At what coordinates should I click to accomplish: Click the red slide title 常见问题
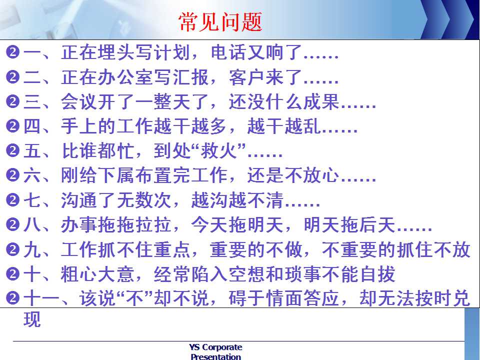tap(220, 21)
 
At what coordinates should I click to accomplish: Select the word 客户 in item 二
tap(247, 77)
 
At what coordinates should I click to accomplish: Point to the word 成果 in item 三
tap(321, 101)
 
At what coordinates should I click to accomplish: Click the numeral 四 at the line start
tap(32, 126)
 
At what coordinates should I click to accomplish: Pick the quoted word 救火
tap(219, 151)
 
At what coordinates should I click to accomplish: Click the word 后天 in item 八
tap(377, 225)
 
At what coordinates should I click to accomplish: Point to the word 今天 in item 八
tap(209, 225)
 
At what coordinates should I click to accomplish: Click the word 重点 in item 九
tap(172, 250)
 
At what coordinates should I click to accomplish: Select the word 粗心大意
tap(97, 274)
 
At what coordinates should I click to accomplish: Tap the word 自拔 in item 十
tap(377, 274)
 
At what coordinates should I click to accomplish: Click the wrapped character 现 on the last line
tap(32, 320)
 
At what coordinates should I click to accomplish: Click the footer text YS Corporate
tap(215, 347)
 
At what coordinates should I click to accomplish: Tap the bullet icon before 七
tap(13, 200)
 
